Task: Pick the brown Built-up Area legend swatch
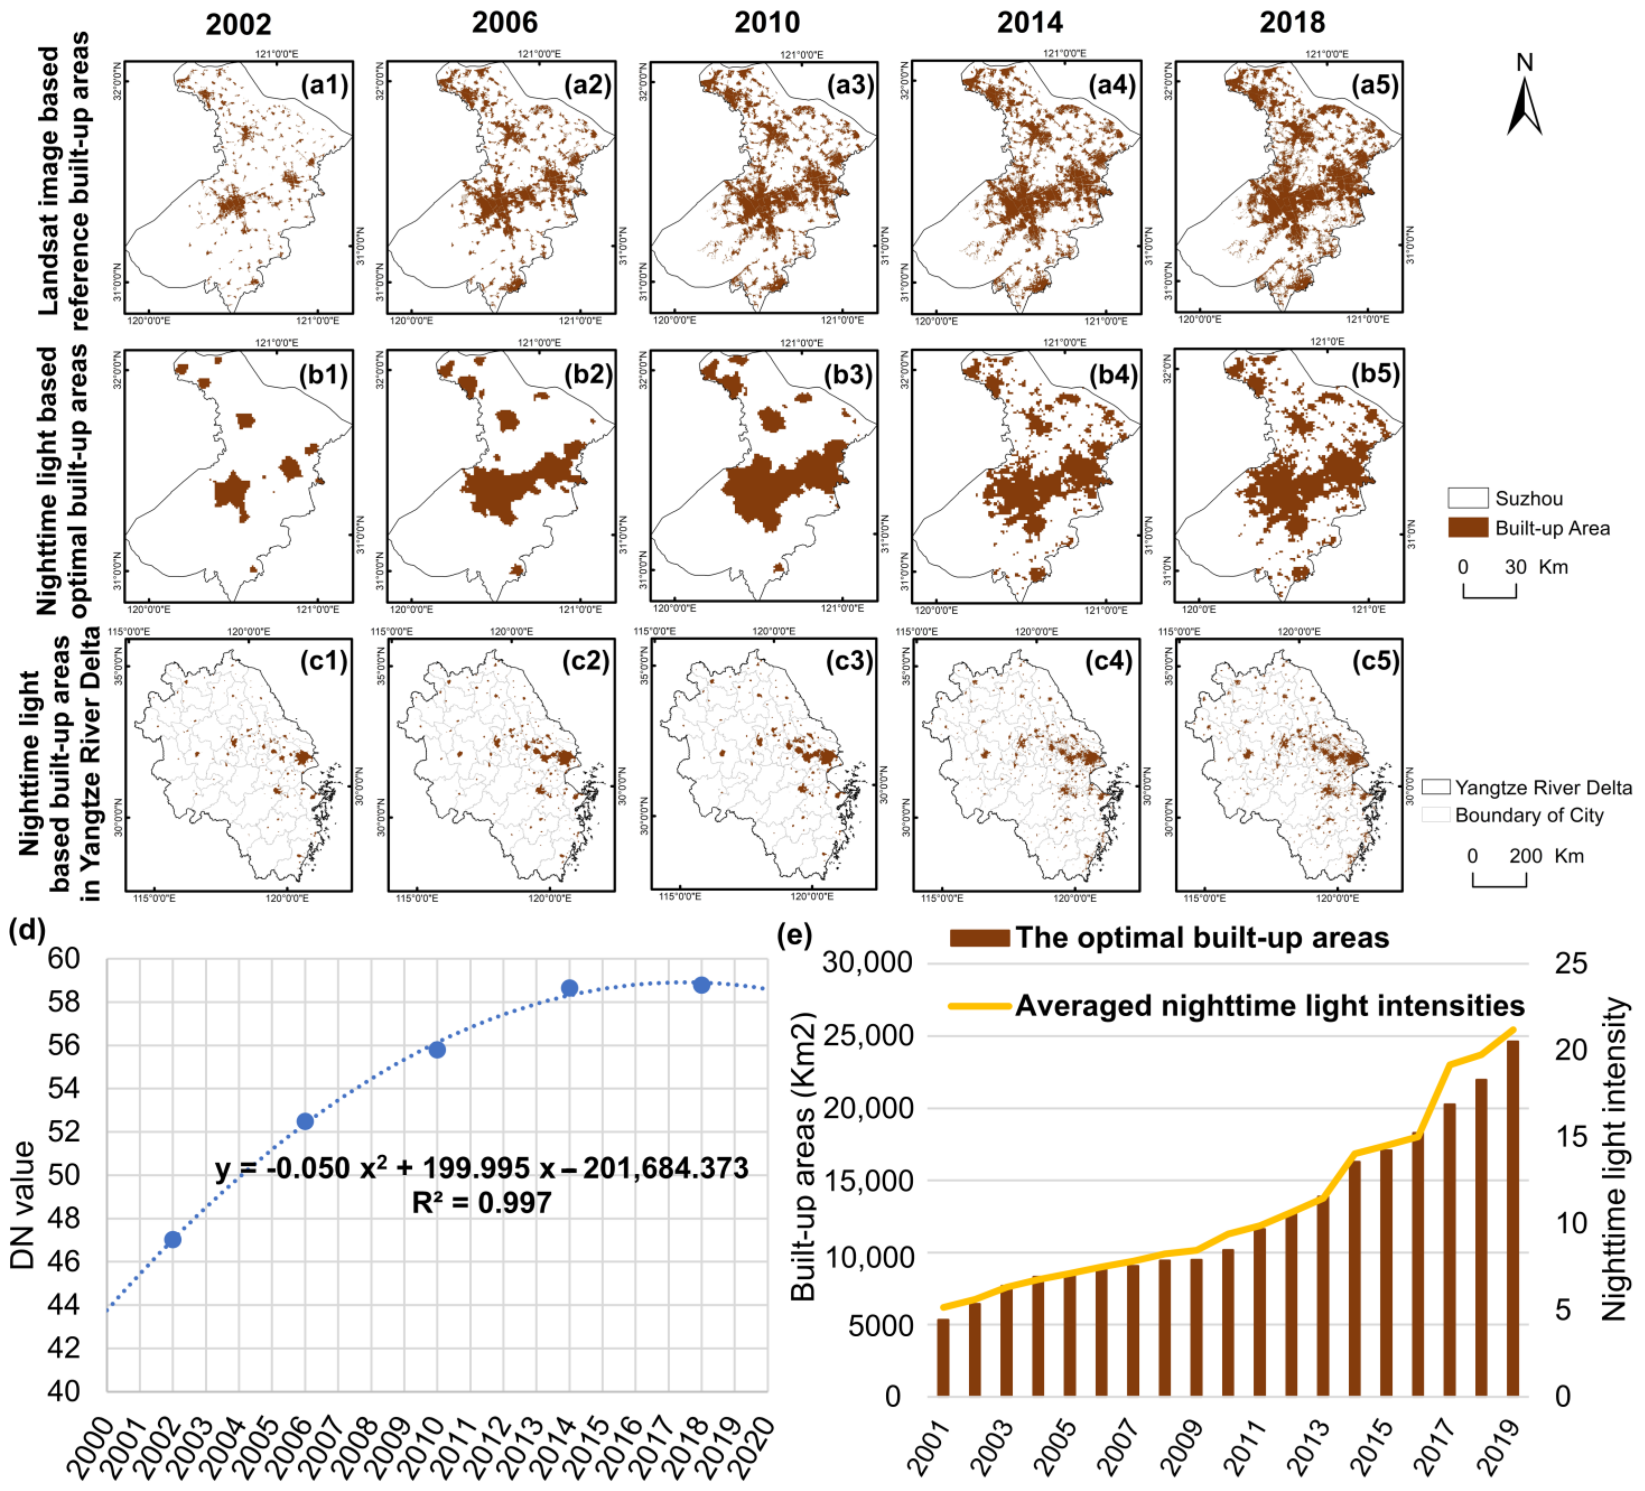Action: click(x=1468, y=528)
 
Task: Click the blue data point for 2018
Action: click(x=701, y=985)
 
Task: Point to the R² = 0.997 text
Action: click(x=482, y=1202)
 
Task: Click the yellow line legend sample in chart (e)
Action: click(x=979, y=1006)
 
